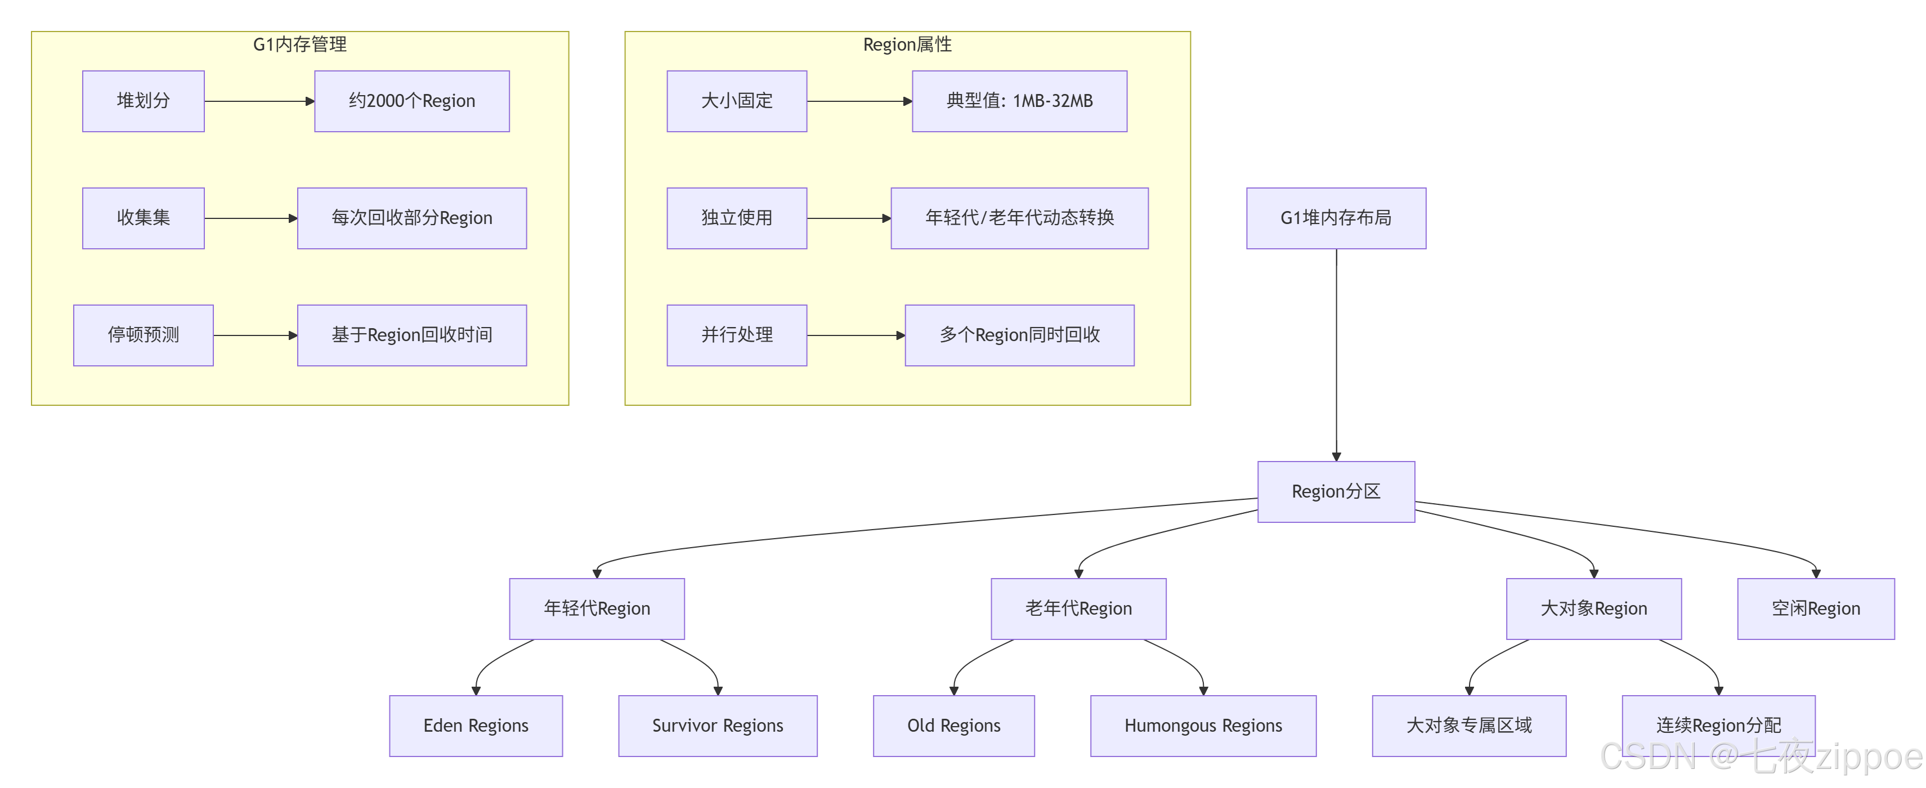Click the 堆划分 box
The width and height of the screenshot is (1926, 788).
click(x=143, y=101)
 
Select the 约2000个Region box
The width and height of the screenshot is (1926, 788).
click(x=411, y=101)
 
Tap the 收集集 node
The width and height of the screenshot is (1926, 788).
click(x=143, y=218)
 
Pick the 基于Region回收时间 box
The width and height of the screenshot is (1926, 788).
click(x=411, y=335)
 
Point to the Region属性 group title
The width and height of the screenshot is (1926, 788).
click(x=906, y=44)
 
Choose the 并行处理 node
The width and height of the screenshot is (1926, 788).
click(x=736, y=335)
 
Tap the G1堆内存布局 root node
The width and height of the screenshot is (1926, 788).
click(x=1336, y=218)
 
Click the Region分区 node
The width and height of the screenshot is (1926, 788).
click(x=1336, y=491)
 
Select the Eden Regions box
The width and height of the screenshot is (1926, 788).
click(x=476, y=725)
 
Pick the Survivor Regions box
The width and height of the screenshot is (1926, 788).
click(x=717, y=725)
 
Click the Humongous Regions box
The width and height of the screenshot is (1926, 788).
click(x=1202, y=725)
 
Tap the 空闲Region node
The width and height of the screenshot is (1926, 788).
click(x=1815, y=608)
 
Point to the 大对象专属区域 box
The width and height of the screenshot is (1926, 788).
click(x=1468, y=725)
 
